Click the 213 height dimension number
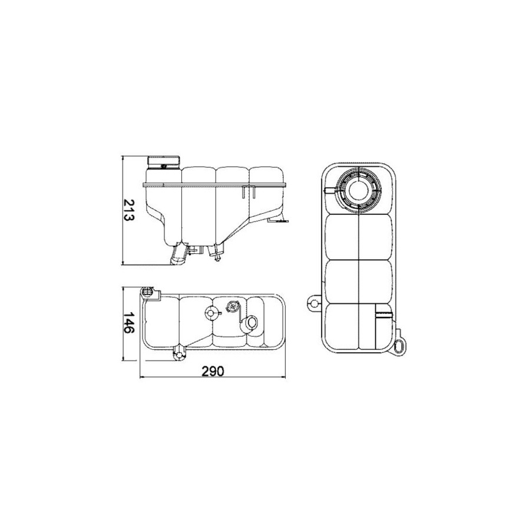(x=129, y=210)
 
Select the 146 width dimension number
(x=129, y=323)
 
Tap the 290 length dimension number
(x=213, y=371)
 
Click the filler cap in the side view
(x=164, y=162)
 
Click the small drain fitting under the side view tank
(x=217, y=253)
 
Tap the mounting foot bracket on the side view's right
(x=279, y=220)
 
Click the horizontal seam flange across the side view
(x=214, y=184)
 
